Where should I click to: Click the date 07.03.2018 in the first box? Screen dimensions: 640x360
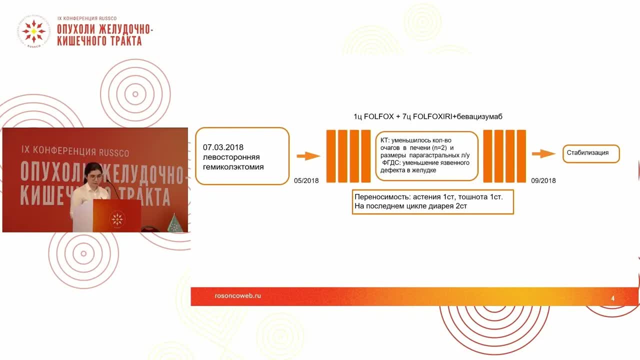[223, 147]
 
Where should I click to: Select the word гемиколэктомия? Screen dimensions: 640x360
[233, 167]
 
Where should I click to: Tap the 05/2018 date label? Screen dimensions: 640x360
[306, 180]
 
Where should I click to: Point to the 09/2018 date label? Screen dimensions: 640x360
[543, 180]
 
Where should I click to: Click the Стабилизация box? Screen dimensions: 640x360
[591, 153]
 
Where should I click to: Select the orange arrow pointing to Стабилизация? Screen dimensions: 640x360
[543, 153]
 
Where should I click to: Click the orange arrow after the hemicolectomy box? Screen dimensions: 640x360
[308, 156]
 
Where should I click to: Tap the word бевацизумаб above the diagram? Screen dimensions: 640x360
[479, 116]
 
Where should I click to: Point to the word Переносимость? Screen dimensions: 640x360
[383, 197]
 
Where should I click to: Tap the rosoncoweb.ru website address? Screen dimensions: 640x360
[237, 295]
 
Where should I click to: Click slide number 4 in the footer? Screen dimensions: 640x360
[612, 298]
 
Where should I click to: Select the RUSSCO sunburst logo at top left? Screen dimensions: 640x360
[33, 31]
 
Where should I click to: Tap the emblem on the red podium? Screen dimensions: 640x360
[117, 219]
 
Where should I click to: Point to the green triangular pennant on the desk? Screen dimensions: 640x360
[174, 223]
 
